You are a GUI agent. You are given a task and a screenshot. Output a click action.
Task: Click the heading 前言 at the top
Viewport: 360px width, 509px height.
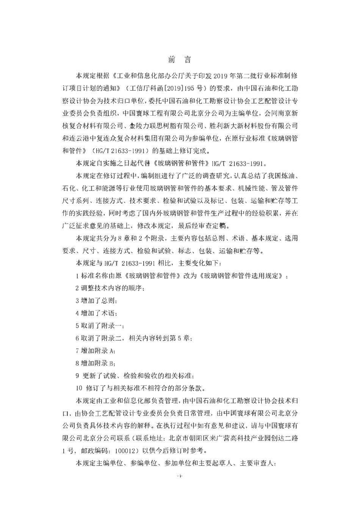tap(180, 60)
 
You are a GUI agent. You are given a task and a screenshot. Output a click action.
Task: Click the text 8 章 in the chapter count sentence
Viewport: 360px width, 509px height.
tap(125, 238)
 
